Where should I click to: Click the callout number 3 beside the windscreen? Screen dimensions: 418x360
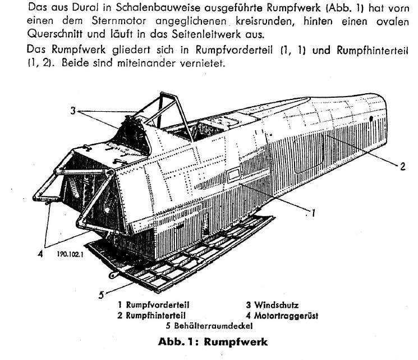tap(73, 111)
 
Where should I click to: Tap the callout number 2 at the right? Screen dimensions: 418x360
tap(402, 166)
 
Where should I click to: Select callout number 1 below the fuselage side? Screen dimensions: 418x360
tap(313, 213)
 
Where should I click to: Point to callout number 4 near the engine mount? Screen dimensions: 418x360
tap(40, 253)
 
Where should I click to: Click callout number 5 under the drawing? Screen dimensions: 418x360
tap(101, 295)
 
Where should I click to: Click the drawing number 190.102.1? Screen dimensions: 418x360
tap(70, 254)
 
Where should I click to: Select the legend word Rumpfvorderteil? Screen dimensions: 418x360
tap(157, 305)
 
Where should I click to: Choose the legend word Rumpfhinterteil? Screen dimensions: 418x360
tap(155, 316)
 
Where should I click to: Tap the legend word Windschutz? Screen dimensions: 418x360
tap(276, 305)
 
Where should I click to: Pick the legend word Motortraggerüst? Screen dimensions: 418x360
tap(286, 316)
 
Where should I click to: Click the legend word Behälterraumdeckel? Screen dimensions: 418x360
tap(213, 326)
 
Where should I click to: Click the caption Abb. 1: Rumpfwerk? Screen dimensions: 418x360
tap(213, 342)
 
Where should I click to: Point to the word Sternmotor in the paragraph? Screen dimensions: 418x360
tap(118, 21)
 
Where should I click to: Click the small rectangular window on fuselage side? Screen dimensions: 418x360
tap(234, 175)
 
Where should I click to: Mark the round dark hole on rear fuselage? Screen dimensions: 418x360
tap(371, 119)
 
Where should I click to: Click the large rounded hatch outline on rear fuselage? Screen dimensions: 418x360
tap(308, 153)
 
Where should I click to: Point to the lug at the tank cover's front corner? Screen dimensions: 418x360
tap(113, 275)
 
